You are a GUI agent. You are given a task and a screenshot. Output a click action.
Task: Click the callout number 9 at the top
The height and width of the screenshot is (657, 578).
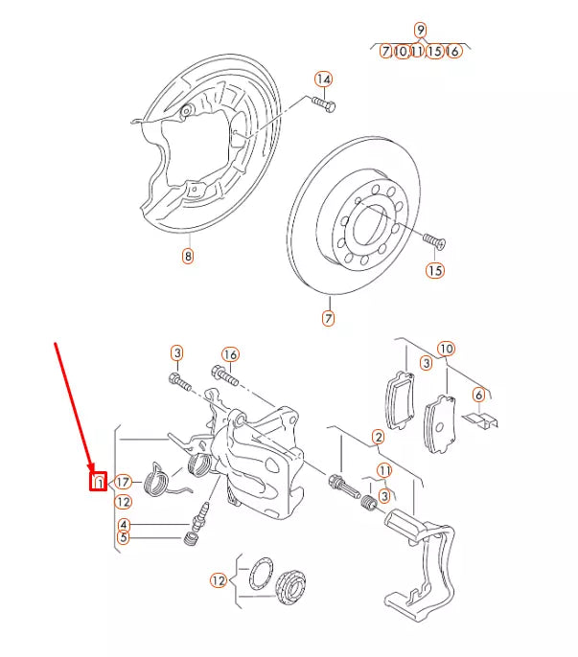pyautogui.click(x=420, y=30)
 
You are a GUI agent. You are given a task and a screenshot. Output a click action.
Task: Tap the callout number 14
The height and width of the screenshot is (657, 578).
pyautogui.click(x=323, y=79)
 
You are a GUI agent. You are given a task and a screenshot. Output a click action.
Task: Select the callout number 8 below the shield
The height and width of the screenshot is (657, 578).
pyautogui.click(x=188, y=256)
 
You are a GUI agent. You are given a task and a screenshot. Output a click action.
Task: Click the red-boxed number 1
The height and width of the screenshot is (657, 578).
pyautogui.click(x=97, y=482)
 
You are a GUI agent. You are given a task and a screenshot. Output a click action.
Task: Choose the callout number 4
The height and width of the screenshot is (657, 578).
pyautogui.click(x=124, y=524)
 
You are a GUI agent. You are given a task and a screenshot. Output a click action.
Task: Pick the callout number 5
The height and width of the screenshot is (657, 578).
pyautogui.click(x=124, y=537)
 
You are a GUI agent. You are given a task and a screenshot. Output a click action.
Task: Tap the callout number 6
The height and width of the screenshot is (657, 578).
pyautogui.click(x=478, y=395)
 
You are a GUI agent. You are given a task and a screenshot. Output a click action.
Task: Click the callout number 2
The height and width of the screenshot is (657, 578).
pyautogui.click(x=378, y=438)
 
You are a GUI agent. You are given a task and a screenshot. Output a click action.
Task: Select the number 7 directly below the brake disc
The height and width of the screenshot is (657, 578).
pyautogui.click(x=328, y=318)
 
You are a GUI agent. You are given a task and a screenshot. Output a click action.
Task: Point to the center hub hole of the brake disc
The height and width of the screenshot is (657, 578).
pyautogui.click(x=368, y=227)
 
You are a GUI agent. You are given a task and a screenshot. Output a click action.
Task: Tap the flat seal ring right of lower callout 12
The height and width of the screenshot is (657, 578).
pyautogui.click(x=256, y=578)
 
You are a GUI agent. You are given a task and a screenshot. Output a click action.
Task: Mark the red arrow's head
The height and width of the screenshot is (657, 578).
pyautogui.click(x=93, y=467)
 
